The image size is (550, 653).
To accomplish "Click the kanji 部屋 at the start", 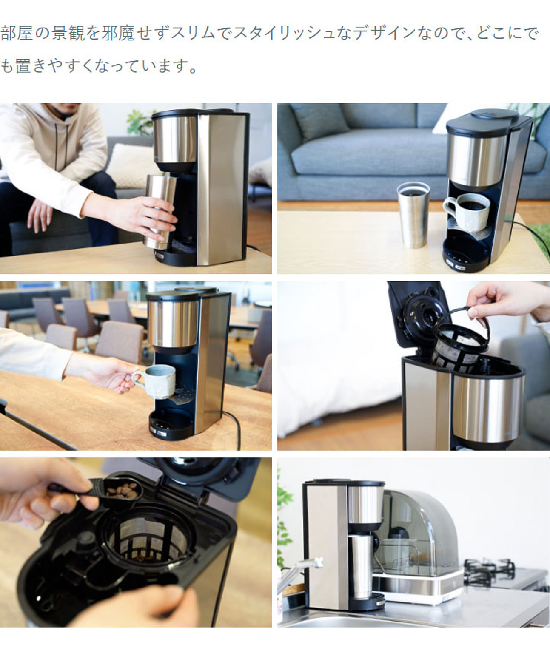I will [x=17, y=33].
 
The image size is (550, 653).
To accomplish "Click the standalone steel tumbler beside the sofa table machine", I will [x=413, y=214].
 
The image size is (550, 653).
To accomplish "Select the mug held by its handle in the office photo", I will [x=158, y=380].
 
